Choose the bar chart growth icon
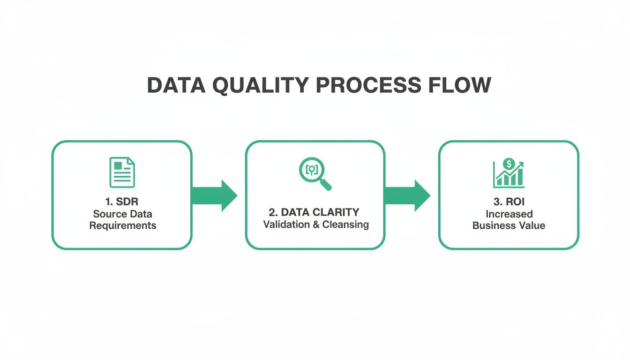point(509,173)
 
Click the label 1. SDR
point(122,202)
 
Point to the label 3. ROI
point(509,202)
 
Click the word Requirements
point(122,225)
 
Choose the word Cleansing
point(346,225)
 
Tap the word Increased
point(509,214)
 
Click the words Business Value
point(509,225)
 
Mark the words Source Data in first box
point(122,214)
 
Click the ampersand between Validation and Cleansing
point(315,225)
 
